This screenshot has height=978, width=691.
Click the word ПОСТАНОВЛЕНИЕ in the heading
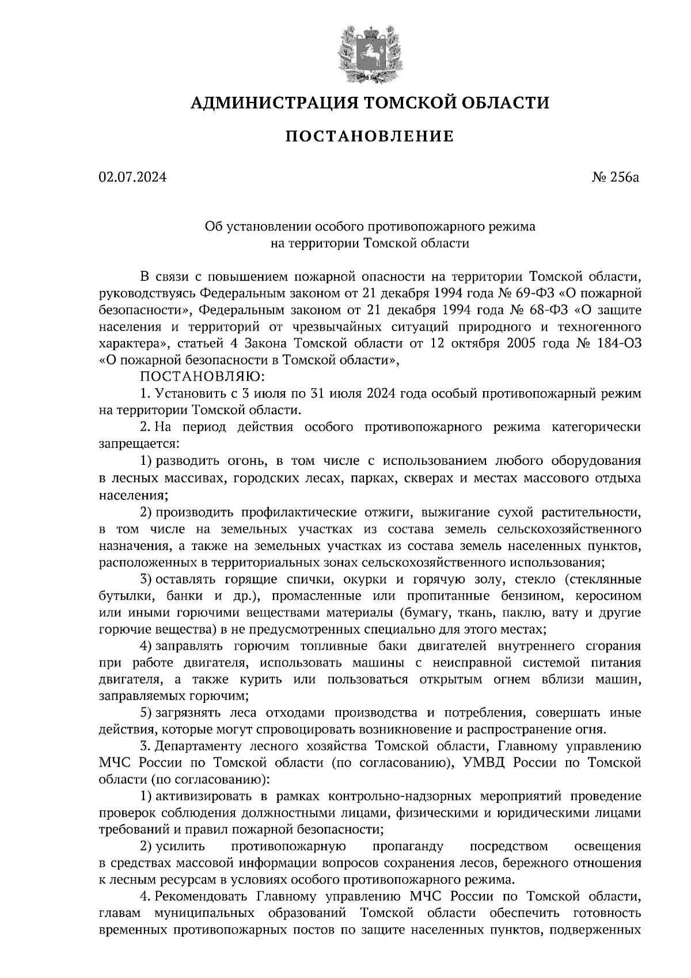[x=370, y=137]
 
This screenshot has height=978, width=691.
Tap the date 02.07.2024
[x=132, y=177]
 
